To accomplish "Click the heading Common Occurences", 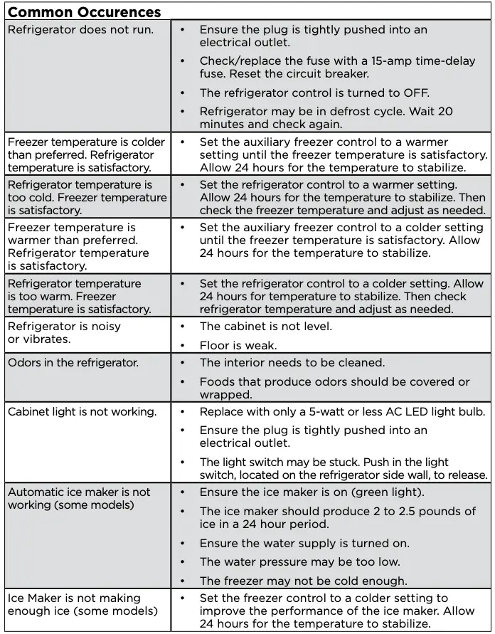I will pyautogui.click(x=84, y=12).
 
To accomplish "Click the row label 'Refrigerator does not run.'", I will pyautogui.click(x=80, y=30).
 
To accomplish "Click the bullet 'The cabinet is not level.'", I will pyautogui.click(x=265, y=327).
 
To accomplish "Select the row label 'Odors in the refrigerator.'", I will pyautogui.click(x=73, y=363).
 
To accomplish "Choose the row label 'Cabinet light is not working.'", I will pyautogui.click(x=81, y=412).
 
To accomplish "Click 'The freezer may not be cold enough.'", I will pyautogui.click(x=303, y=581).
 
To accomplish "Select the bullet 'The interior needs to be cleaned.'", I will pyautogui.click(x=292, y=363).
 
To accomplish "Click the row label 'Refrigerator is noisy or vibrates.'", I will pyautogui.click(x=64, y=333).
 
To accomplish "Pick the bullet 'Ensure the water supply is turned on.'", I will pyautogui.click(x=304, y=544).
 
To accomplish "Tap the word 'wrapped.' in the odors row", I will pyautogui.click(x=225, y=394).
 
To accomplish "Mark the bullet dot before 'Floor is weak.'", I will pyautogui.click(x=183, y=346).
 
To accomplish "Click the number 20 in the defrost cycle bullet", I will pyautogui.click(x=445, y=111).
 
